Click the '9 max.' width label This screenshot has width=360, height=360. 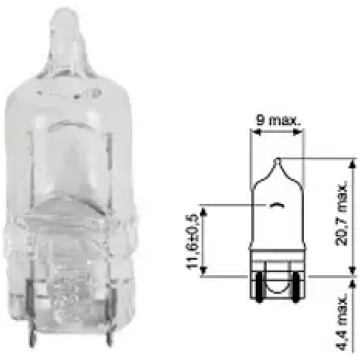tap(278, 120)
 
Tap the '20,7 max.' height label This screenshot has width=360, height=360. tap(341, 214)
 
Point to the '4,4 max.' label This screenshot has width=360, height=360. tap(341, 322)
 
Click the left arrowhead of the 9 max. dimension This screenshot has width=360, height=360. tap(255, 132)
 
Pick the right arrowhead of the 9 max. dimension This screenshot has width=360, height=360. tap(299, 132)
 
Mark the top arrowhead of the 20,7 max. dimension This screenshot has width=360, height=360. tap(352, 163)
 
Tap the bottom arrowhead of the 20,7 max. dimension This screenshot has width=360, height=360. tap(352, 271)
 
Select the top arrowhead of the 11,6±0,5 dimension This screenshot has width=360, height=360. tap(204, 210)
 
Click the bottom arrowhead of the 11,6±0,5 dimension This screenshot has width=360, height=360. tap(204, 271)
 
